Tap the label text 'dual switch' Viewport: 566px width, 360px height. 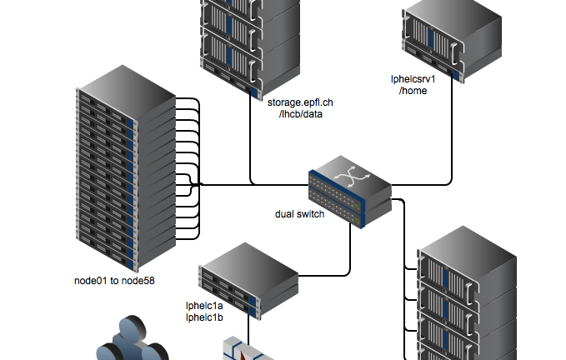[299, 214]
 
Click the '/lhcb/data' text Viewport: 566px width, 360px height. [300, 113]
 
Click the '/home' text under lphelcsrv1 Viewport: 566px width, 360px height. [413, 91]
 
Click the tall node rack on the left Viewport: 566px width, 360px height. [125, 167]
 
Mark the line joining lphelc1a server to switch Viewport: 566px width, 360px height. [348, 250]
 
